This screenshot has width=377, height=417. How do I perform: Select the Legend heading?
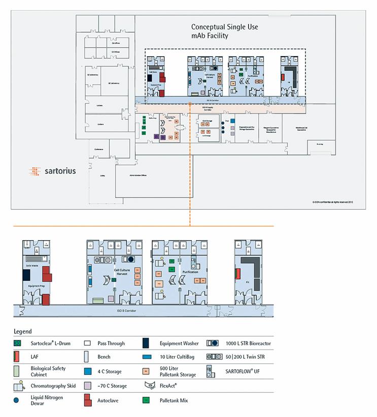pos(22,331)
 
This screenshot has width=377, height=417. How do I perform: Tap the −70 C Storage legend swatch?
pos(88,386)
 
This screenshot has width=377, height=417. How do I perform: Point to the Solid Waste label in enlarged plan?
pos(32,264)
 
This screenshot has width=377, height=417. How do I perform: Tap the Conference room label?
pos(98,149)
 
